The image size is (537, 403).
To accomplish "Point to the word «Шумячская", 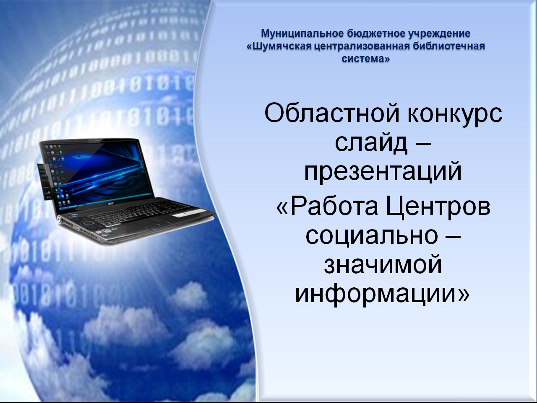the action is pos(280,46).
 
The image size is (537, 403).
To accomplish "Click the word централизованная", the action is pos(362,46).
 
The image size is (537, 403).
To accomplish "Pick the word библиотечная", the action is pos(448,46).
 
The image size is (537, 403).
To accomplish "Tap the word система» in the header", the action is pos(365,59).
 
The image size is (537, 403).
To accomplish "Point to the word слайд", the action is pos(371,143).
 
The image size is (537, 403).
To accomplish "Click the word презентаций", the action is pos(383,173).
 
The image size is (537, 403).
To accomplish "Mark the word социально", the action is pos(372,236).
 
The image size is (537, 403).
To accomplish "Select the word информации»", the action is pos(382,293).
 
